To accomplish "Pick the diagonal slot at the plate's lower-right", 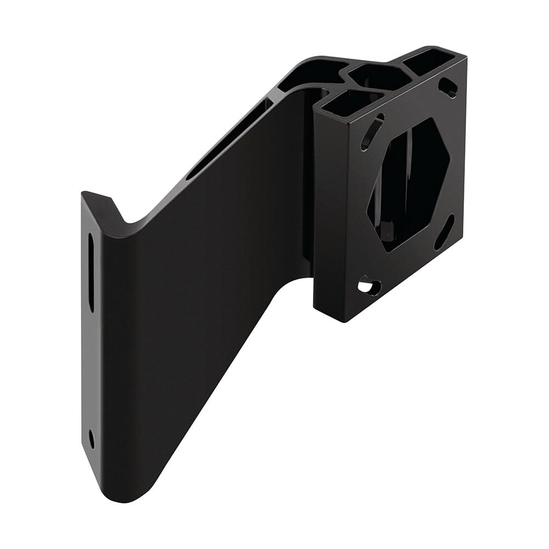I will coord(444,232).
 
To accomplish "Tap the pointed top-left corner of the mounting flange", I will coord(83,193).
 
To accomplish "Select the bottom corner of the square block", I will coord(343,320).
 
